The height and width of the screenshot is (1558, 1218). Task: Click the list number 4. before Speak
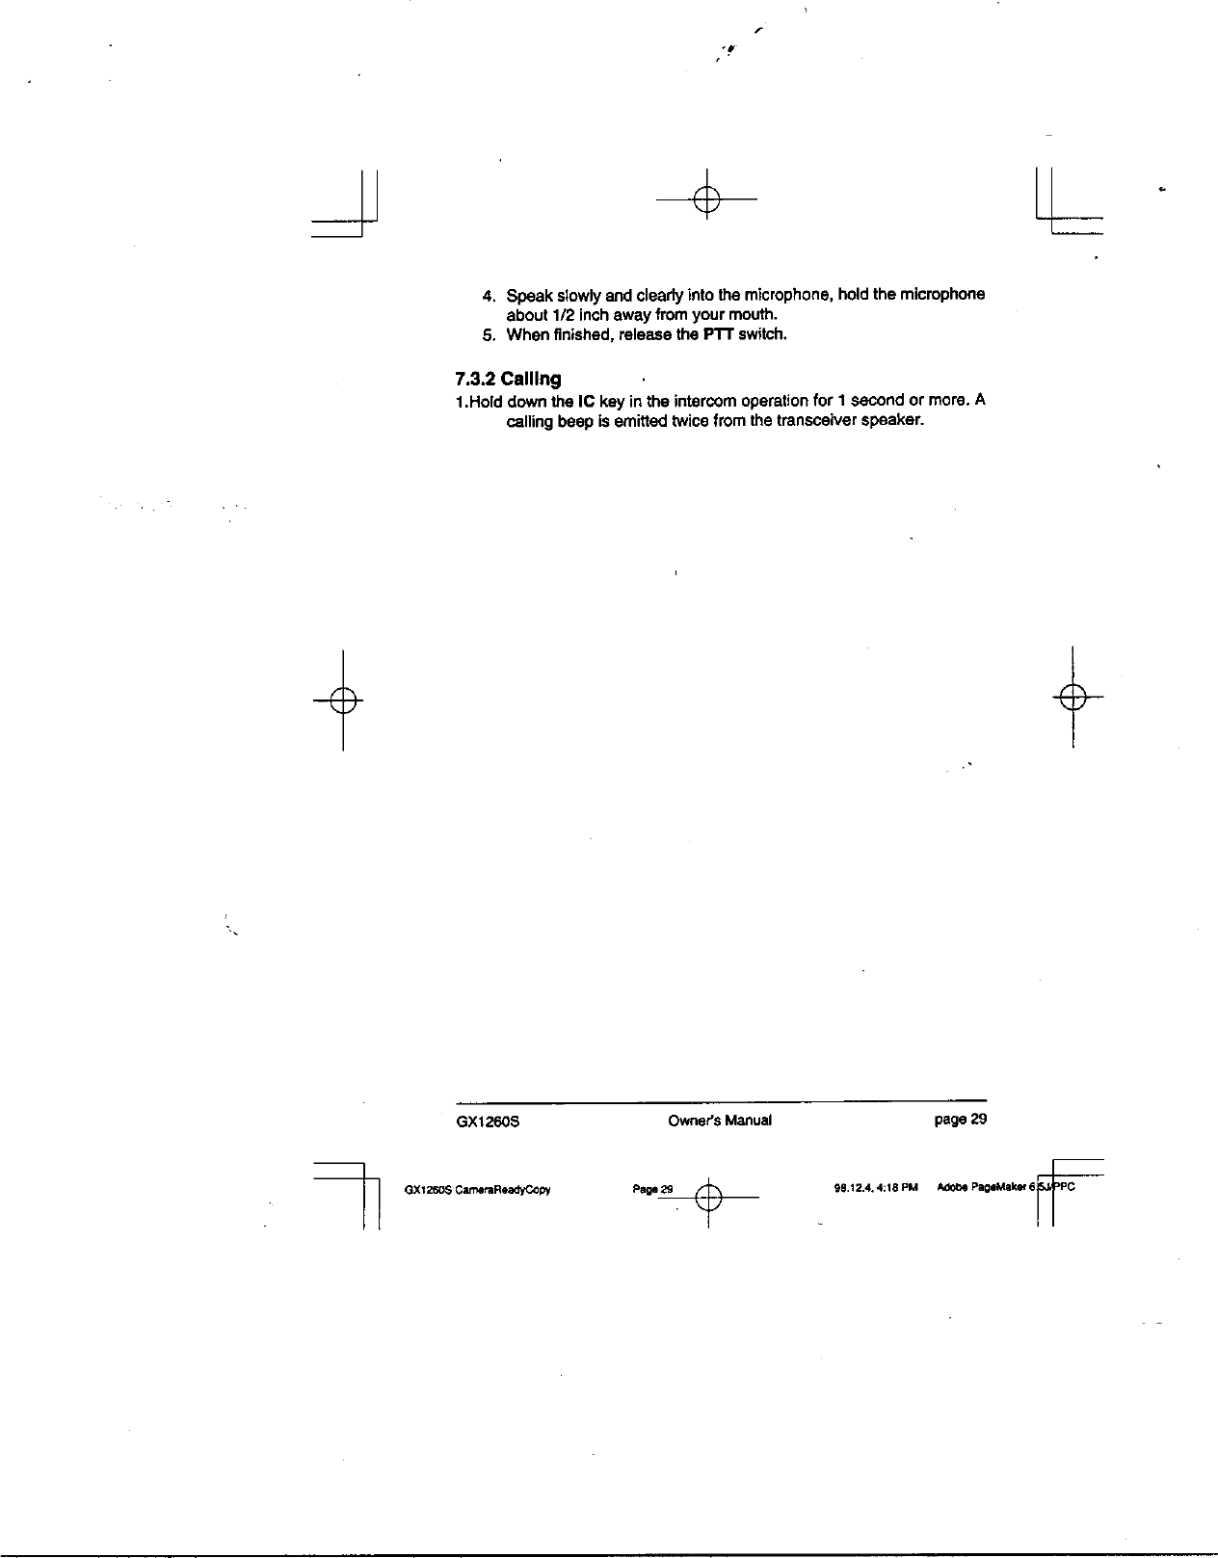coord(488,295)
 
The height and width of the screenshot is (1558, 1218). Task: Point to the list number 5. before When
coord(488,335)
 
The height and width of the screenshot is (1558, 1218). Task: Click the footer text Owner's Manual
coord(719,1121)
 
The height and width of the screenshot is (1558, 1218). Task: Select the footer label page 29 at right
coord(954,1120)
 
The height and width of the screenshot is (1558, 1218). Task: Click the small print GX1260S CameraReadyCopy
coord(477,1189)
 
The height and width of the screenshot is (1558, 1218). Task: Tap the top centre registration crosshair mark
coord(706,199)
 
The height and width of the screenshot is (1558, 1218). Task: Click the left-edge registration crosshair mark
coord(343,700)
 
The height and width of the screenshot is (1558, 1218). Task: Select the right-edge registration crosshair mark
coord(1072,696)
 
